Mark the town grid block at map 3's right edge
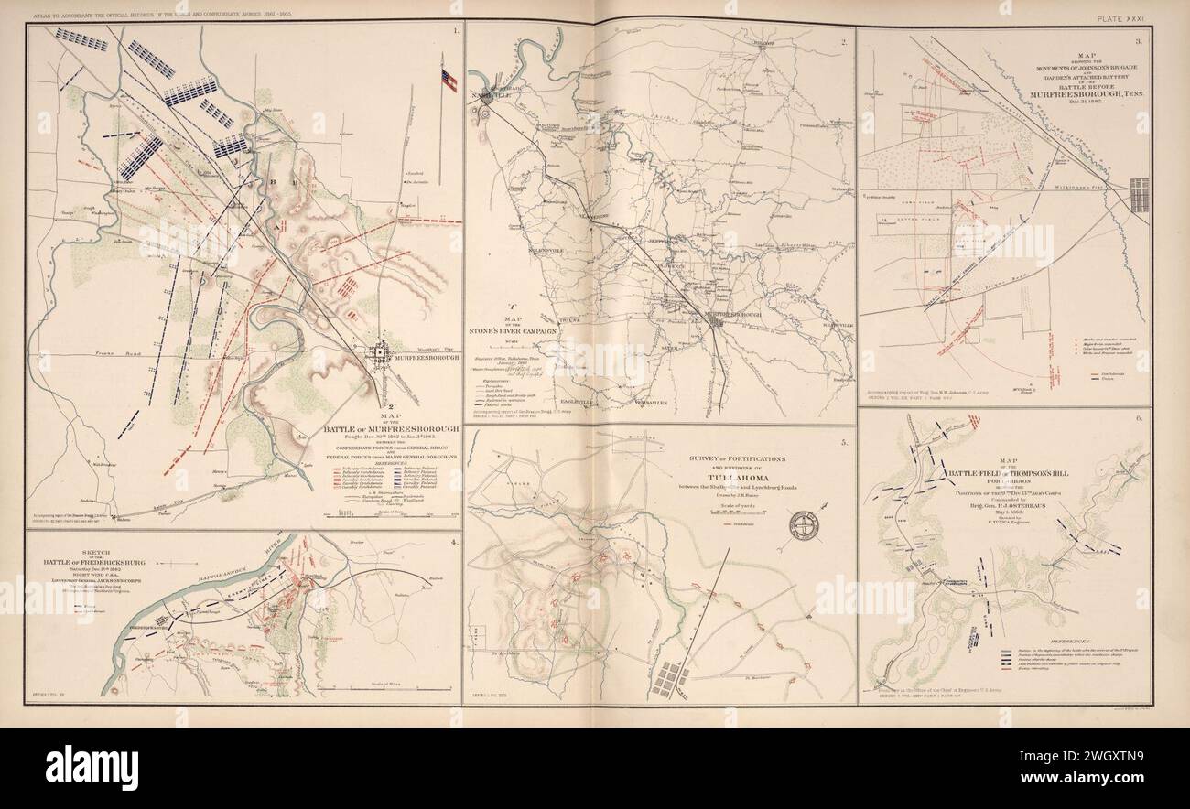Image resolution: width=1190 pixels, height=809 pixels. click(1140, 195)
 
